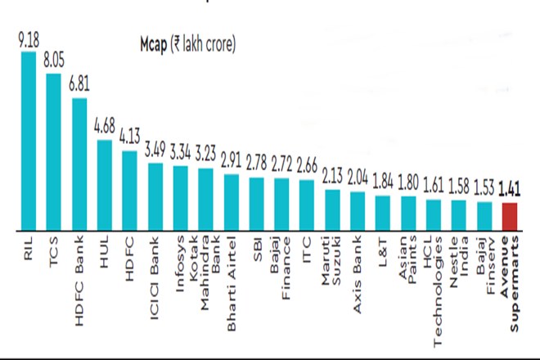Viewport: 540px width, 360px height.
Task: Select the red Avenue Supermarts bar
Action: coord(509,216)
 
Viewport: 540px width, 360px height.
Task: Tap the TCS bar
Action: coord(54,151)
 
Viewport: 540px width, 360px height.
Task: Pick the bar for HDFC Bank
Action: coord(79,164)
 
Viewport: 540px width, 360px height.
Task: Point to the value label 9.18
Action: coord(28,38)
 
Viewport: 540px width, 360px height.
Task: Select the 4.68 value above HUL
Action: coord(105,128)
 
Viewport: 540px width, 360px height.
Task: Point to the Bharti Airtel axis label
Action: coord(231,278)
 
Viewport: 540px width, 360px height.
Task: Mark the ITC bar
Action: coord(307,205)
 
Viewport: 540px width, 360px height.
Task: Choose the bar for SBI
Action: coord(256,203)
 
